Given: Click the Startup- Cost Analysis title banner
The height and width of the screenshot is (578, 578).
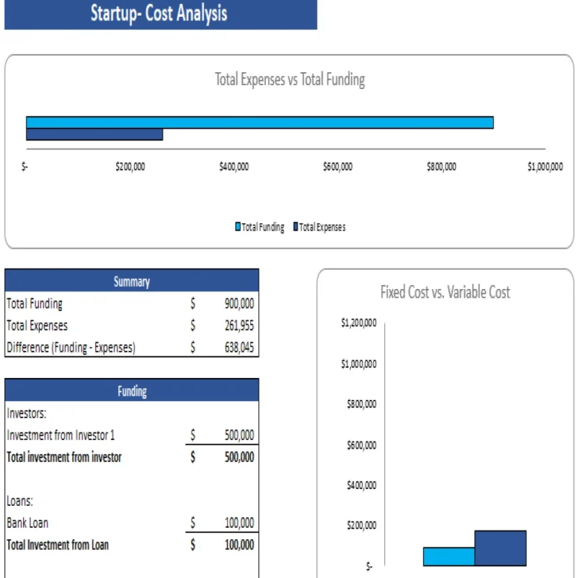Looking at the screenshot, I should coord(160,14).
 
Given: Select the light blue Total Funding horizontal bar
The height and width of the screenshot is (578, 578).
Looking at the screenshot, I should coord(259,122).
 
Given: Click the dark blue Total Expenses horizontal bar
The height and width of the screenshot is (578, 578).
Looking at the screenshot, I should coord(95,135).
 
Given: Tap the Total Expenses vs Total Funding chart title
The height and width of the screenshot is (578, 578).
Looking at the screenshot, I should coord(290,80).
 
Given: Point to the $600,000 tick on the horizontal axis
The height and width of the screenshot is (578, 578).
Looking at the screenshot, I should coord(337,167).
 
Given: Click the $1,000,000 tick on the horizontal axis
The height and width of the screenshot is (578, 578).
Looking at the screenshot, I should coord(545,167).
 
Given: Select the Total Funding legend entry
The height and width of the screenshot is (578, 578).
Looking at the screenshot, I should coord(260,227).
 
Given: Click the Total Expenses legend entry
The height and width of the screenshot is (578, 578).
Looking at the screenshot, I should coord(319,227).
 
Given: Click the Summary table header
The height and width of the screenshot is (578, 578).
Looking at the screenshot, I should coord(131,281).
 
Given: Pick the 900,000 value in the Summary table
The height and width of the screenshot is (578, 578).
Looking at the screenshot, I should coord(239,304).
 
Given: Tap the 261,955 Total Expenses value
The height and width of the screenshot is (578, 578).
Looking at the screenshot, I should coord(239,326).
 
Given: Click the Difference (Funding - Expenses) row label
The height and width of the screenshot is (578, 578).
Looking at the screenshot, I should coord(71,347).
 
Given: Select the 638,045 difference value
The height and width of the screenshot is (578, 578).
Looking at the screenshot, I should coord(239,347).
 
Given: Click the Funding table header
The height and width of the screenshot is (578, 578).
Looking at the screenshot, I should coord(131,391).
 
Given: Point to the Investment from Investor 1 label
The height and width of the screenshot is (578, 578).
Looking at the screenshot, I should coord(61,435).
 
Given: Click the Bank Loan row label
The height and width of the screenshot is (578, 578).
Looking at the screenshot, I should coord(27,523).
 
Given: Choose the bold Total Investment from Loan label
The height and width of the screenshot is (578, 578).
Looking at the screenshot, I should coord(57,545).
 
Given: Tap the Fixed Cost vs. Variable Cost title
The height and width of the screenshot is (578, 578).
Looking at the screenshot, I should coord(445,292).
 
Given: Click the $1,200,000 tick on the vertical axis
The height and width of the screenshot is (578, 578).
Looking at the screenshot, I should coord(358,323).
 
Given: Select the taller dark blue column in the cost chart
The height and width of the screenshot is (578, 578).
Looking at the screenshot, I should coord(500,548).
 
